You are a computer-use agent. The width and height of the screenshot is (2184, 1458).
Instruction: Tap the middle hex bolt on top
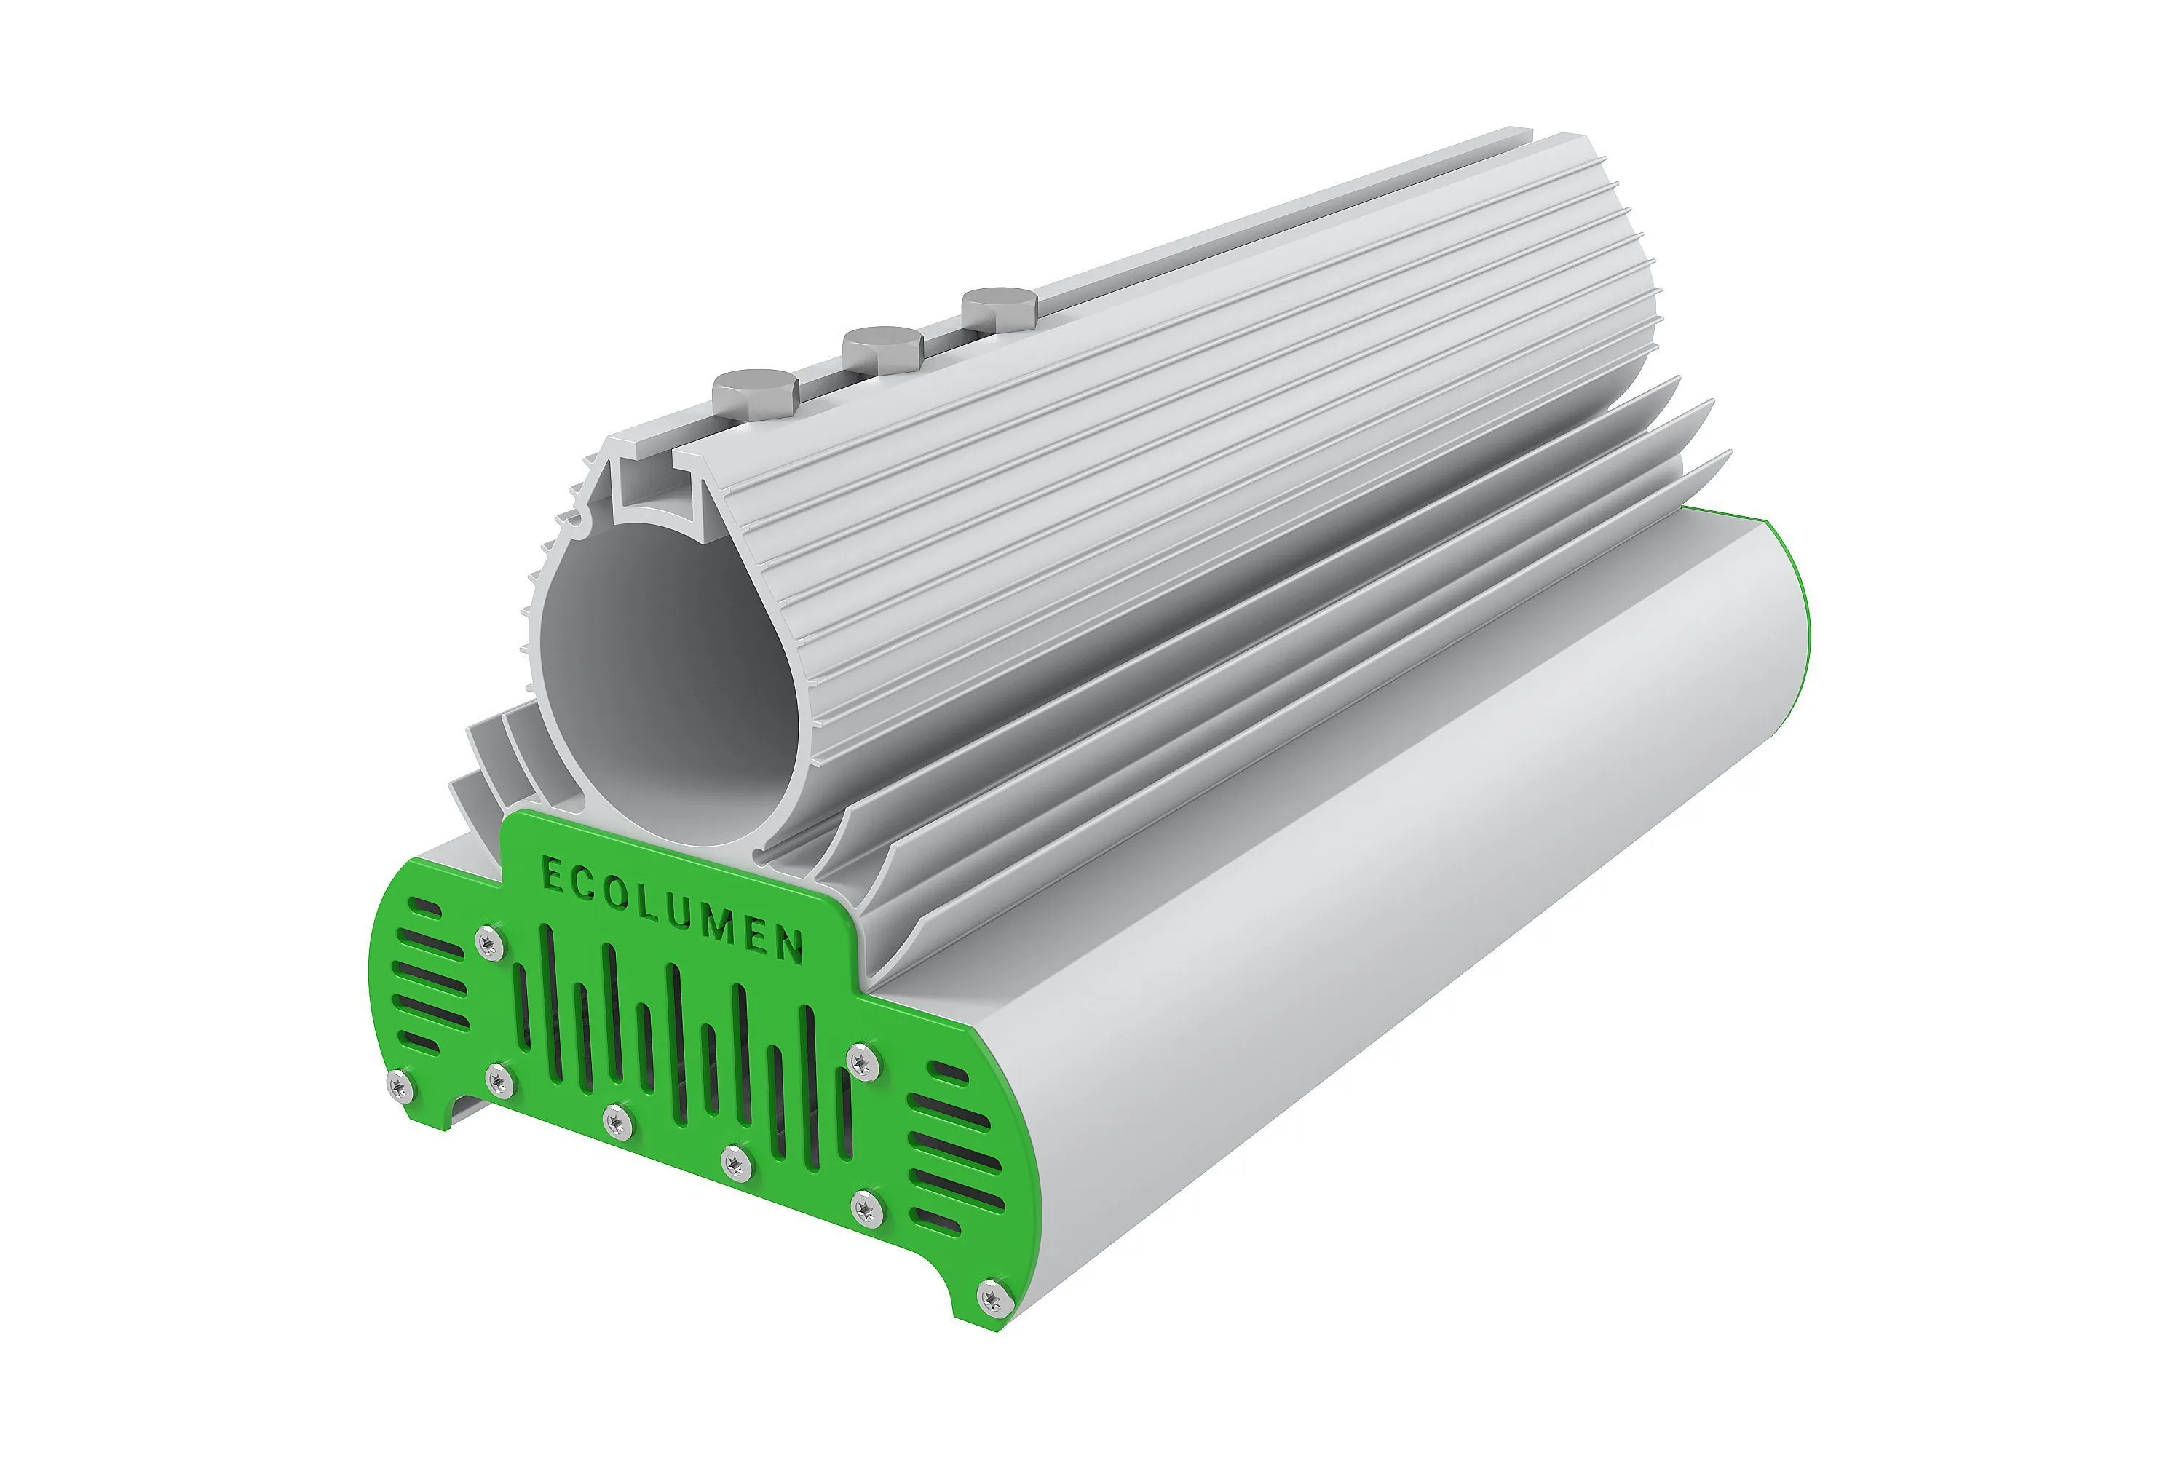[882, 349]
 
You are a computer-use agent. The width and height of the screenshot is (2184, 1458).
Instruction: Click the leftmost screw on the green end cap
[400, 1085]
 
